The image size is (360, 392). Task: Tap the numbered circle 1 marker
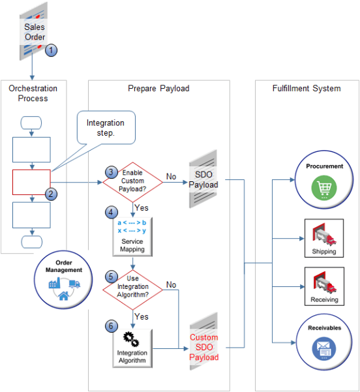click(x=52, y=50)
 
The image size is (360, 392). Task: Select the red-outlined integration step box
click(x=31, y=183)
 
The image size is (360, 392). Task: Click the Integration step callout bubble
click(x=105, y=127)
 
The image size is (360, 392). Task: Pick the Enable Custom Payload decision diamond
click(x=132, y=180)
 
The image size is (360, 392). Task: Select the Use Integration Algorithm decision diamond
click(x=132, y=285)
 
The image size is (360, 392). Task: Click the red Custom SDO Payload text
click(x=204, y=347)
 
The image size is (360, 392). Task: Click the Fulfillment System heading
click(x=306, y=88)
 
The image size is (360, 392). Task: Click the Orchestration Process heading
click(x=33, y=93)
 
